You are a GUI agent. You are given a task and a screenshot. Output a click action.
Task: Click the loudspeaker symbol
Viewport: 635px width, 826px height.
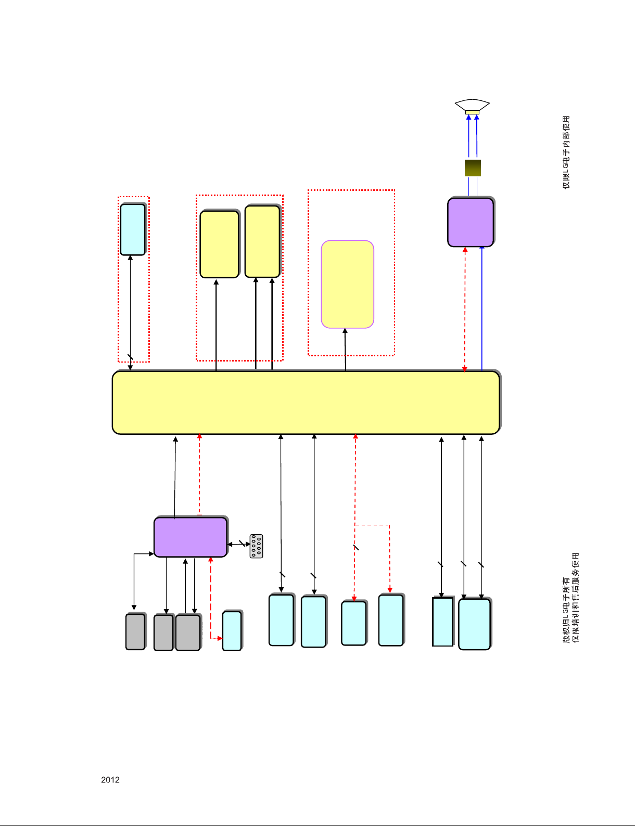[x=472, y=106]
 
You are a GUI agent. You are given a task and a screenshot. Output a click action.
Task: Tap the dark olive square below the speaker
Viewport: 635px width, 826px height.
[x=473, y=168]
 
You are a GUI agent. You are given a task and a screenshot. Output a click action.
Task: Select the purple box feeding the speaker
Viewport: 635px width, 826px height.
[x=471, y=222]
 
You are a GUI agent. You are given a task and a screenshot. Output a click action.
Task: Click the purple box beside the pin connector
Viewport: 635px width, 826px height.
[x=190, y=537]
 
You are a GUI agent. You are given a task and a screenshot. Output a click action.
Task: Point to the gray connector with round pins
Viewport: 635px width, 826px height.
[x=256, y=546]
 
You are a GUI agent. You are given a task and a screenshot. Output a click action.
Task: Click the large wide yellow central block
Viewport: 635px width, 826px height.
[x=306, y=402]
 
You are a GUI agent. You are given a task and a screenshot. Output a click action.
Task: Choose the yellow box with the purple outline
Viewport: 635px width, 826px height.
[x=348, y=284]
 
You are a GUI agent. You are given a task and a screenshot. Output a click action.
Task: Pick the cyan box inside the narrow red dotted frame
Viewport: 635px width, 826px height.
[x=133, y=229]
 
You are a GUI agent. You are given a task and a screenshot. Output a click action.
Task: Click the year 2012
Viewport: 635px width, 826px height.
[x=110, y=780]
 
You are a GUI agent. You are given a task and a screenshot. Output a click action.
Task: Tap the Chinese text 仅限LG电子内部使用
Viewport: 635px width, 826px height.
[x=566, y=152]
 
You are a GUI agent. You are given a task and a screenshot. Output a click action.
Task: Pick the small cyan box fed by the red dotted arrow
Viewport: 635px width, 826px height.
[x=232, y=631]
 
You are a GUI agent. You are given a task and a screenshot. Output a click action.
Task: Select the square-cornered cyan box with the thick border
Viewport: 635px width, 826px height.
[x=443, y=622]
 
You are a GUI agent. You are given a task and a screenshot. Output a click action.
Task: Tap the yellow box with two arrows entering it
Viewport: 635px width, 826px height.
[x=262, y=241]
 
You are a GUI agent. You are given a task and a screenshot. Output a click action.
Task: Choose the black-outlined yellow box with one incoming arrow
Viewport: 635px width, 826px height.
[x=220, y=244]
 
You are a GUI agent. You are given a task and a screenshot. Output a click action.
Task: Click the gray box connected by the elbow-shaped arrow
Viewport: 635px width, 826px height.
[x=135, y=632]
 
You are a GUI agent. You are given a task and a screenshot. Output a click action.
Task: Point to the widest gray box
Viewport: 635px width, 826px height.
[x=188, y=633]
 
